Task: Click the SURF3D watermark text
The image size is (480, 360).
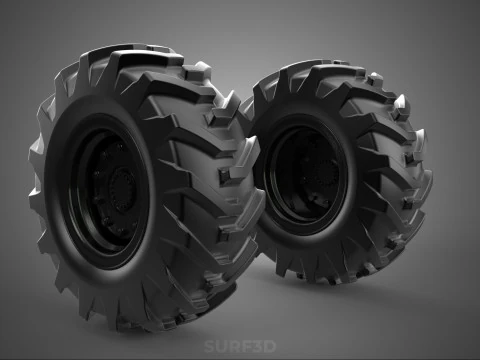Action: (239, 347)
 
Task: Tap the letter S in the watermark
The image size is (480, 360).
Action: (209, 347)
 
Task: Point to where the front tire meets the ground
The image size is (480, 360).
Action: (150, 325)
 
